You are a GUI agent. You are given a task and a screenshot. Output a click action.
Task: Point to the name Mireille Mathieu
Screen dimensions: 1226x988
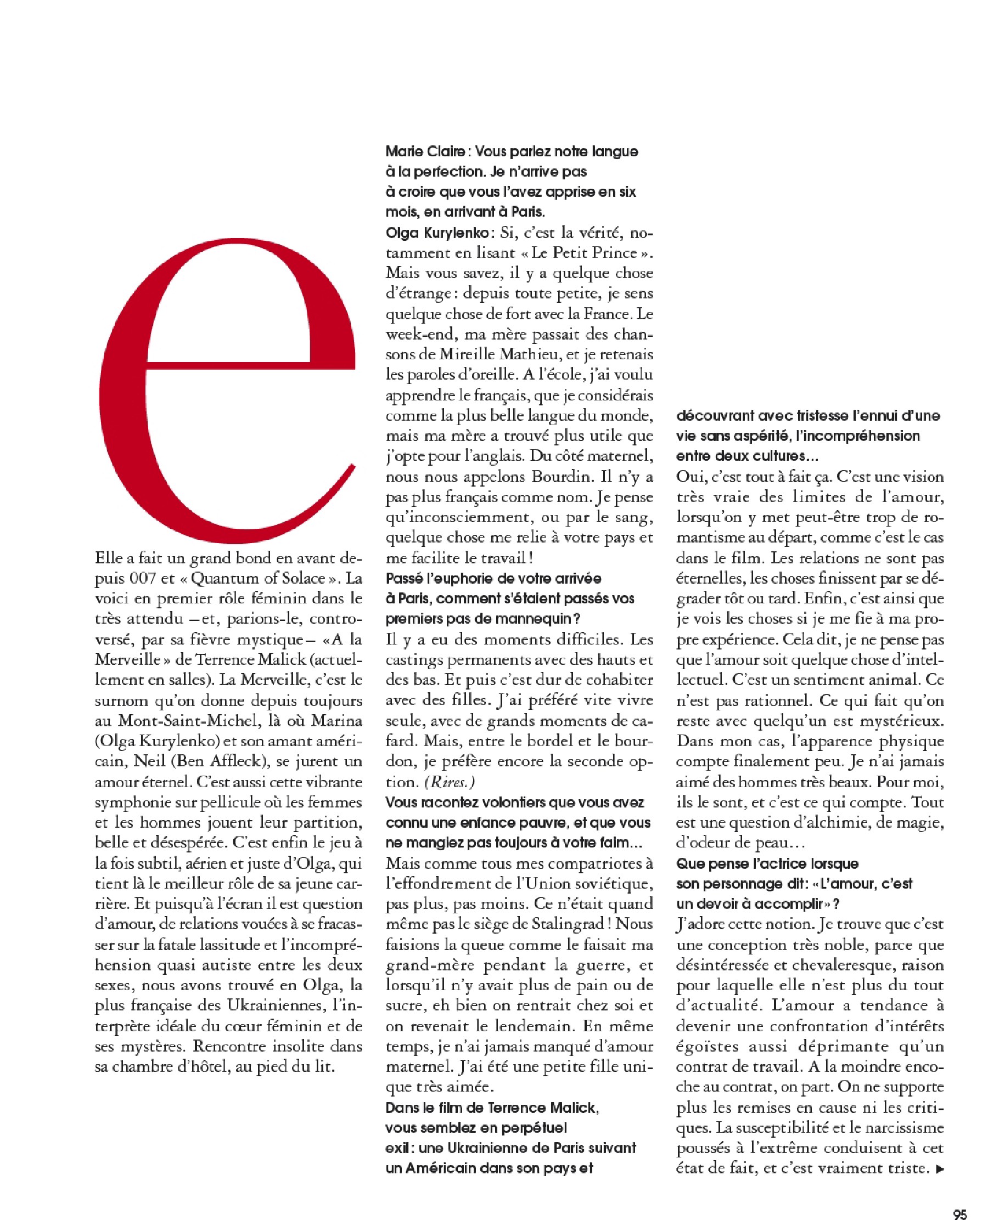tap(503, 354)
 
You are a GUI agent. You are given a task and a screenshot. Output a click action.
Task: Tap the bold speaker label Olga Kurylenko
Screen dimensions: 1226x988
tap(437, 233)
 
